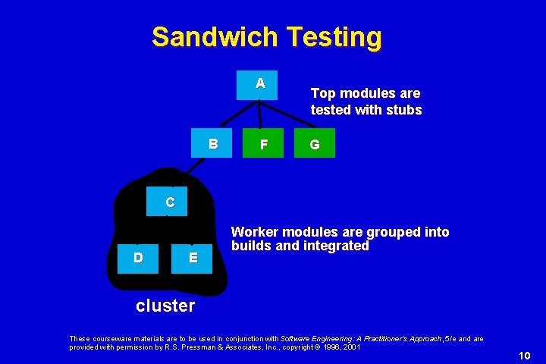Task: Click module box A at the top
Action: pyautogui.click(x=260, y=83)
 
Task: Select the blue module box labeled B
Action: pyautogui.click(x=214, y=143)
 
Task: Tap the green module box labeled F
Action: pyautogui.click(x=262, y=144)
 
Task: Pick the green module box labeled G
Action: pyautogui.click(x=314, y=144)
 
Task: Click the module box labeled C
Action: pyautogui.click(x=170, y=202)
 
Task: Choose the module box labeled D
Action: pyautogui.click(x=138, y=257)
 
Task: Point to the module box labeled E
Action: pyautogui.click(x=193, y=257)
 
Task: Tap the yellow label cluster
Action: pyautogui.click(x=165, y=306)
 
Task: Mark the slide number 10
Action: pyautogui.click(x=525, y=356)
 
